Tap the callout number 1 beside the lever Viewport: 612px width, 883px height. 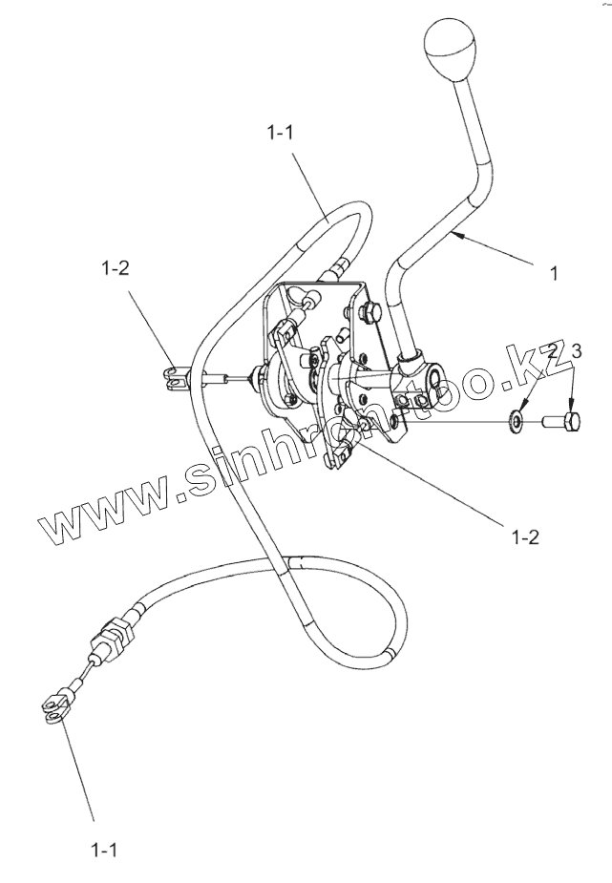pyautogui.click(x=553, y=273)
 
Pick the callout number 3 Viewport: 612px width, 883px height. pyautogui.click(x=575, y=352)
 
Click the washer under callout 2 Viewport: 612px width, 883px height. pyautogui.click(x=517, y=417)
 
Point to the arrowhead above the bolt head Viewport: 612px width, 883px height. pyautogui.click(x=571, y=406)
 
